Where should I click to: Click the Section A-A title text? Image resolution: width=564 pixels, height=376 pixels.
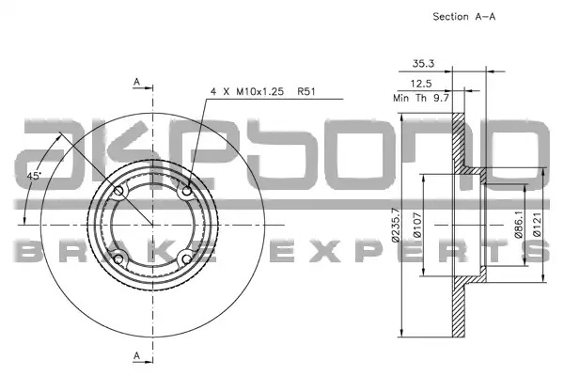point(464,17)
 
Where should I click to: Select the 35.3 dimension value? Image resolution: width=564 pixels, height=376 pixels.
point(423,64)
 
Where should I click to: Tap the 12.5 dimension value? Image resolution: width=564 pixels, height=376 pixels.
point(421,84)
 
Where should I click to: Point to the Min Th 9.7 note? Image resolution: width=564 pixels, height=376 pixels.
point(421,98)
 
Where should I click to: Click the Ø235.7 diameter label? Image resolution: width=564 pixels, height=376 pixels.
point(396,225)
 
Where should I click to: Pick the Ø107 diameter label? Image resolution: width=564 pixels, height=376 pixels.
point(417,226)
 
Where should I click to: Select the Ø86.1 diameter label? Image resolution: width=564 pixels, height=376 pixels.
point(518,225)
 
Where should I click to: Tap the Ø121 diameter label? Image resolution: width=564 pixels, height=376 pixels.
point(537,225)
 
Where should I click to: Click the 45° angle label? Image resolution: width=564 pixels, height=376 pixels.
point(34,176)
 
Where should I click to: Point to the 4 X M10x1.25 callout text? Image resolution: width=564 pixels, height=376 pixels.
point(247,91)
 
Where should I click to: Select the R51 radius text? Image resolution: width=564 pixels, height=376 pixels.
point(306,91)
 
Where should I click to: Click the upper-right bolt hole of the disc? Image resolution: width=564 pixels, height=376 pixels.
point(187,191)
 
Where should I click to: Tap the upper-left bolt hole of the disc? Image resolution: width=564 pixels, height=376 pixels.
point(118,191)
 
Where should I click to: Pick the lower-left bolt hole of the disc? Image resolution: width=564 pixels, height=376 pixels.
point(118,259)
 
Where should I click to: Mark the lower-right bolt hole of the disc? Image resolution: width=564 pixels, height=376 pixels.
point(187,259)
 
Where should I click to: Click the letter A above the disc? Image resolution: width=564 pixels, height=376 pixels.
point(136,82)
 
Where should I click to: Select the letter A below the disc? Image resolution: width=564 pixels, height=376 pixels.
point(136,356)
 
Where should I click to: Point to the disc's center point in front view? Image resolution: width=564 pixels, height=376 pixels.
point(153,225)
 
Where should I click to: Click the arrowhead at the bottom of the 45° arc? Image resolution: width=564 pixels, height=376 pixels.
point(24,220)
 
